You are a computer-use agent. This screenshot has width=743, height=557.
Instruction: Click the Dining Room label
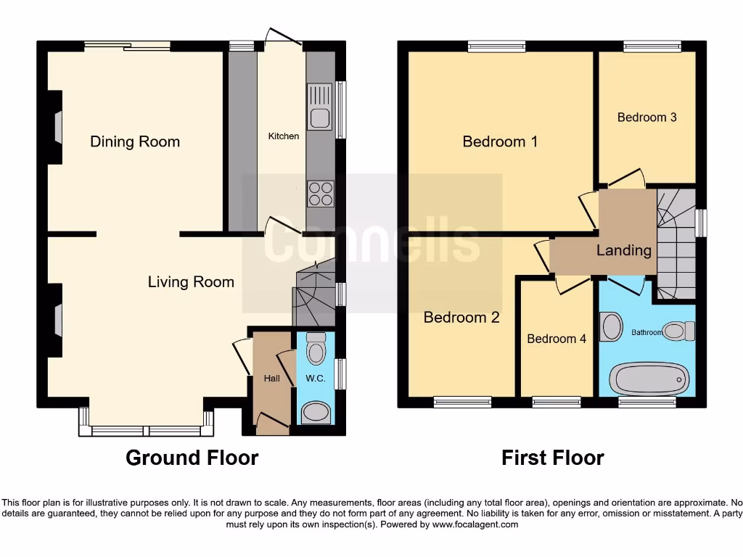pos(135,141)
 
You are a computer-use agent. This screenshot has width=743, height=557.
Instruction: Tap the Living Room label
pos(191,282)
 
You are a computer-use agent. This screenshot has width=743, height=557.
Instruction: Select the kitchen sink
pos(319,107)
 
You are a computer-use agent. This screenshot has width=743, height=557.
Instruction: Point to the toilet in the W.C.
pos(316,350)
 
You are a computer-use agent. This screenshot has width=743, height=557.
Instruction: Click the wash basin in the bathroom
pos(612,326)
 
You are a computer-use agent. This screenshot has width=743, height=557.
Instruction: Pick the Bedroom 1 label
pos(500,141)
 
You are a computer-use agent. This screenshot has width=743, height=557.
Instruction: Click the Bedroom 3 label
pos(646,117)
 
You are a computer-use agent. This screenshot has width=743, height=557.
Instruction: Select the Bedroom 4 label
pos(557,339)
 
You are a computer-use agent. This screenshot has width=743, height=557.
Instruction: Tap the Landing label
pos(623,250)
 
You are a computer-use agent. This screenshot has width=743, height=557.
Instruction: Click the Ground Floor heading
pos(192,458)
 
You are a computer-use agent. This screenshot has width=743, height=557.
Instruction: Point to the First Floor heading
pos(552,458)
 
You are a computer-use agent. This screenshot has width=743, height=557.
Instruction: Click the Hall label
pos(271,378)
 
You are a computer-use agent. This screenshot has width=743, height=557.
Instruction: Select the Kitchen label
pos(283,136)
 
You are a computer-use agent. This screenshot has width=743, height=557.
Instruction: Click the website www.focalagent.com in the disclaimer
pos(476,524)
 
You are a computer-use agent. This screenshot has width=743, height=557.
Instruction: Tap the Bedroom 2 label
pos(461,318)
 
